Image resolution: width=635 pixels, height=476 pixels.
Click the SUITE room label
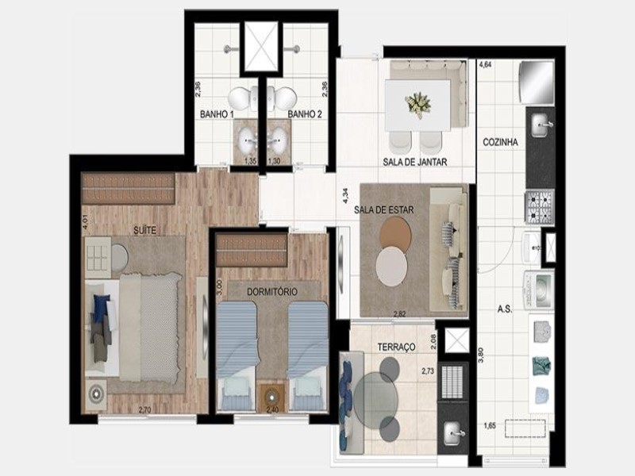click(144, 229)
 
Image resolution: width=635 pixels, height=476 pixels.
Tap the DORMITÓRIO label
click(271, 292)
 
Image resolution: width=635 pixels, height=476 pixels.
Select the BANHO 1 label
click(216, 114)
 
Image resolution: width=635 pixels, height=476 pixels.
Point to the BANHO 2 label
click(303, 114)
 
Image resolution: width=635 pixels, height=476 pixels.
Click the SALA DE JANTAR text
click(415, 162)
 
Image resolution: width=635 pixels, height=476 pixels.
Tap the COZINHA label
click(500, 143)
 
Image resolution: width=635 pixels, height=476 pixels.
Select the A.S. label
click(504, 309)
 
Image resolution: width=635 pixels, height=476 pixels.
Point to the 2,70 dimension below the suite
click(145, 409)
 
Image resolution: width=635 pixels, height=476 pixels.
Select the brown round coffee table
click(395, 235)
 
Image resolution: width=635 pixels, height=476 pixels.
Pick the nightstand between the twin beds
click(273, 394)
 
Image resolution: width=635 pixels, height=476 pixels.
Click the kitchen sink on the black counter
click(543, 121)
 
